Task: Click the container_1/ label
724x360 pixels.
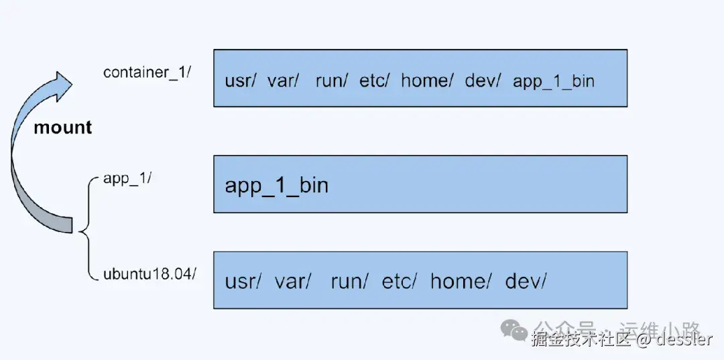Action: pos(147,72)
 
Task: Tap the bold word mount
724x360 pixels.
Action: pos(62,127)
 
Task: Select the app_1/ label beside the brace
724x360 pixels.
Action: pos(128,179)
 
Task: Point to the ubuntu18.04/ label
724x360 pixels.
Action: pos(149,274)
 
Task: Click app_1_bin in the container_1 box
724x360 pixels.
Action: pos(554,81)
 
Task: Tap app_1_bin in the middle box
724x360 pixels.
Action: pos(276,184)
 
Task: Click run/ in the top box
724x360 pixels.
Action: pos(332,81)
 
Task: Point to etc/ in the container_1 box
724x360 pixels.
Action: pos(374,81)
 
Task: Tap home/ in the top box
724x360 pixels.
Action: pos(427,81)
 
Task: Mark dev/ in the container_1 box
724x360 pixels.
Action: pos(483,81)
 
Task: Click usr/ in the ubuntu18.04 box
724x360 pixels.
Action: pos(242,281)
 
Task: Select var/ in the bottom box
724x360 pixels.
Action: pos(292,281)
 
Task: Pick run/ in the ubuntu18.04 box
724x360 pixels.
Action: pos(349,281)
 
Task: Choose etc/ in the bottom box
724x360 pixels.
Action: pos(399,281)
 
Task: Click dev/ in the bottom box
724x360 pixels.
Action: pos(526,281)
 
